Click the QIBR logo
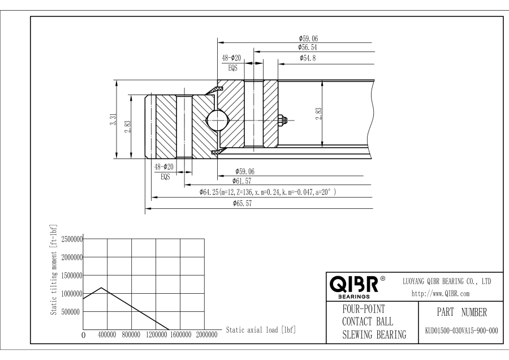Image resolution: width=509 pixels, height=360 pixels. tap(356, 285)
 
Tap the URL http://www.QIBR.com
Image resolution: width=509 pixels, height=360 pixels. tap(442, 294)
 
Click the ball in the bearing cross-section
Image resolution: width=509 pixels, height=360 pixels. tap(217, 119)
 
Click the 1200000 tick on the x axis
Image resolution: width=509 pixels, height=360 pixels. tap(157, 335)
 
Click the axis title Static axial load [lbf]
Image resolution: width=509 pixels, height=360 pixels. tap(261, 329)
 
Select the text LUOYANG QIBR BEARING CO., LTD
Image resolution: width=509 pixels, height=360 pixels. tap(446, 281)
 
